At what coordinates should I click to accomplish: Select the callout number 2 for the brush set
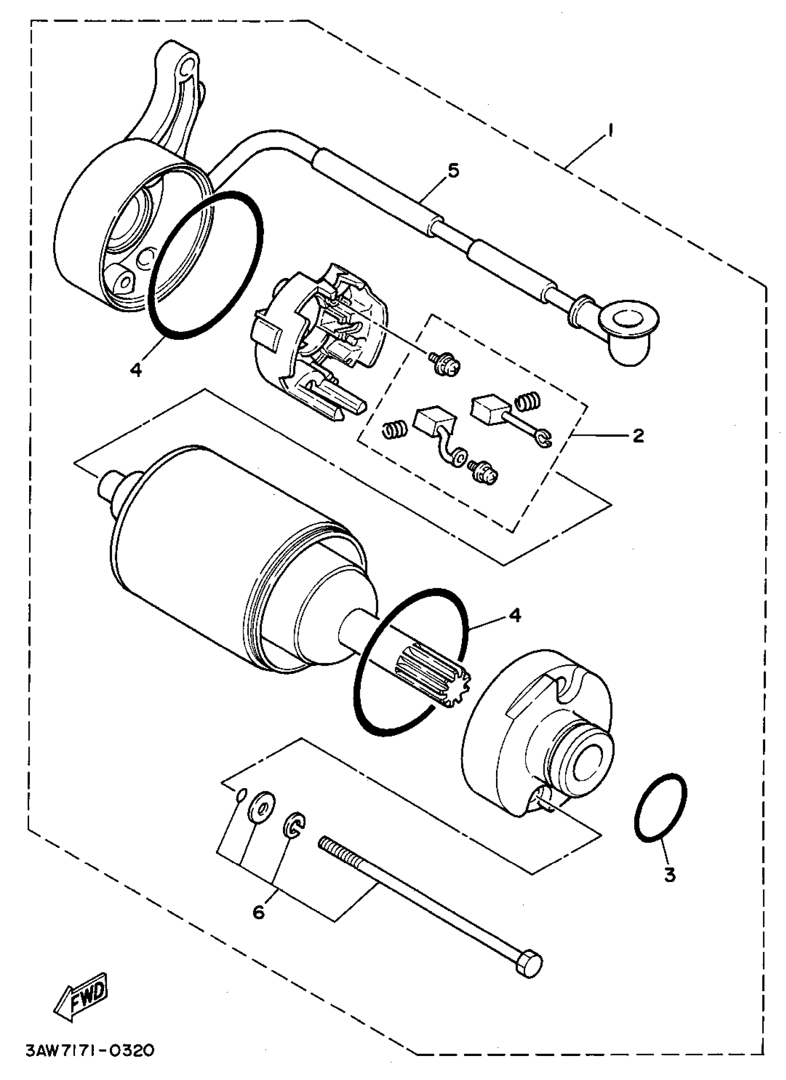point(638,435)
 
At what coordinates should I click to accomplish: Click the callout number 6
point(258,913)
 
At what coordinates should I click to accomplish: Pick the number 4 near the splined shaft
point(515,615)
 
